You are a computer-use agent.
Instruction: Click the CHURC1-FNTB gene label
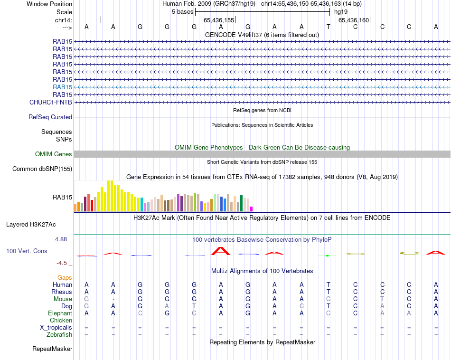51,102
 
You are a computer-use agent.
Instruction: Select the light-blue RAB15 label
63,87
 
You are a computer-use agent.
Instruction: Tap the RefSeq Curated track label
50,117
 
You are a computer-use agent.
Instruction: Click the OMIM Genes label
54,154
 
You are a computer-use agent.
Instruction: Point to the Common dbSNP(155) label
42,169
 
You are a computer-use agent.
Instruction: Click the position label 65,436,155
219,20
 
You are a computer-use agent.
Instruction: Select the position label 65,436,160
353,20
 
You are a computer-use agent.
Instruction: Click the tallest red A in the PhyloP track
220,250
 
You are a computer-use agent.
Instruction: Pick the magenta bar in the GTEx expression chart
252,208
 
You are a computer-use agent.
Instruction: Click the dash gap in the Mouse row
113,299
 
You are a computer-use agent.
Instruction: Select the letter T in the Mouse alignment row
382,299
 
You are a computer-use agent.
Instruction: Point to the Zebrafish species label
59,335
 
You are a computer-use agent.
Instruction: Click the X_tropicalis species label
56,328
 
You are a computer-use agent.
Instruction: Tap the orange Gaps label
65,277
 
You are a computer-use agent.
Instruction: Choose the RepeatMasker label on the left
52,349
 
